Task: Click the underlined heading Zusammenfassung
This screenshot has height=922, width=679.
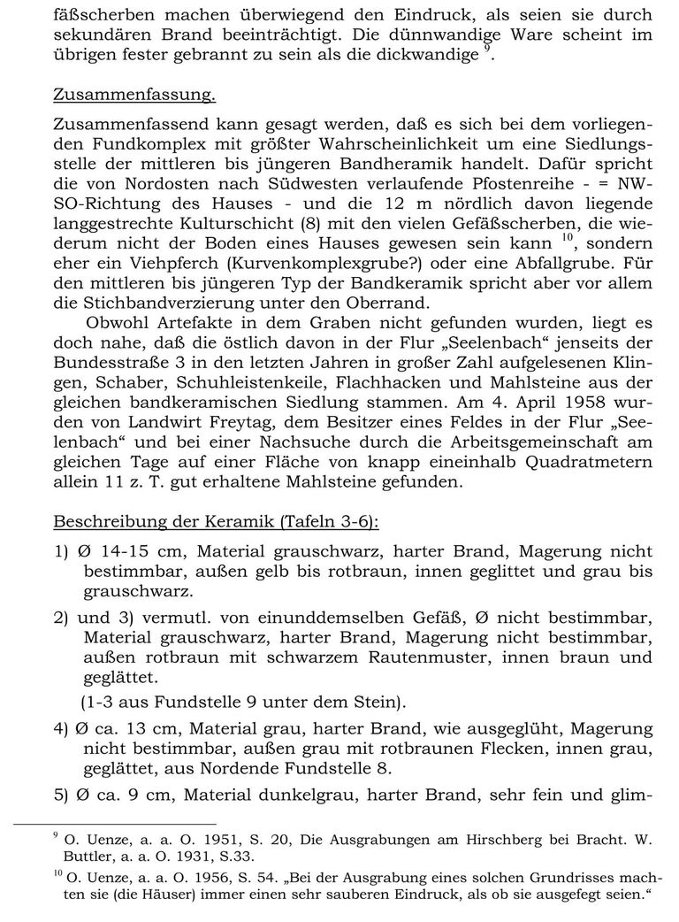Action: point(134,94)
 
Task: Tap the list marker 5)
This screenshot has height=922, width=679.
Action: point(62,793)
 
